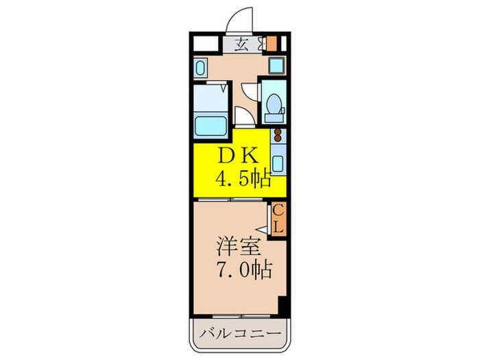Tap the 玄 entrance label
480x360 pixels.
[241, 45]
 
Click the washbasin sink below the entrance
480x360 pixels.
[201, 68]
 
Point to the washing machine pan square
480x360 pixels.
[276, 67]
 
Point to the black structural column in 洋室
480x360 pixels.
[282, 306]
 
